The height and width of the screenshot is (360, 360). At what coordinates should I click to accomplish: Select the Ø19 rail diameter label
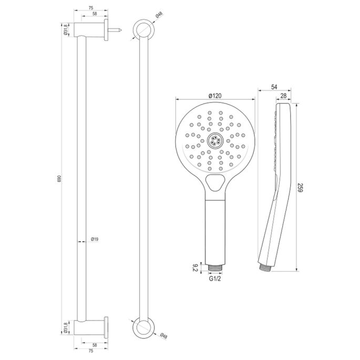click(x=95, y=239)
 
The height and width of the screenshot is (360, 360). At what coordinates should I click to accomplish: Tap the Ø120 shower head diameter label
click(x=214, y=95)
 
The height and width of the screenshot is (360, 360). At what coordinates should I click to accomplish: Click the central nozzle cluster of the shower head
click(x=215, y=140)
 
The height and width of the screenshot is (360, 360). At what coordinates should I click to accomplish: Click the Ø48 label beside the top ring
click(x=160, y=16)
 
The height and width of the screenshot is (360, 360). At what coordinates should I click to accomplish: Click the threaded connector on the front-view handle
click(x=214, y=268)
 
